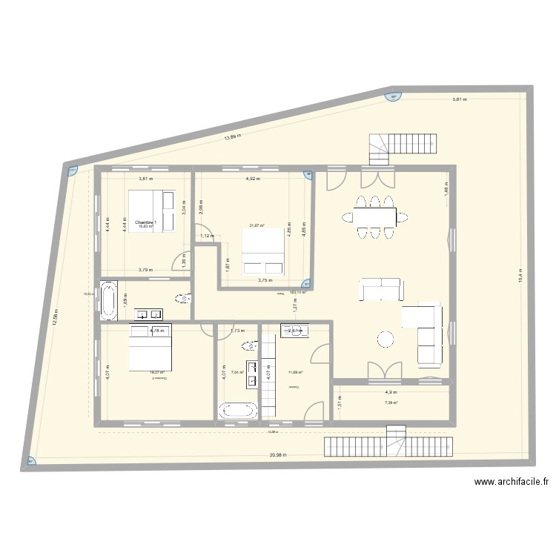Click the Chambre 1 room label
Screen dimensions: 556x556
145,222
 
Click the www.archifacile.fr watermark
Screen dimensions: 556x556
512,482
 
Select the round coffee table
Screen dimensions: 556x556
386,340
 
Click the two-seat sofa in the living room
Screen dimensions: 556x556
381,289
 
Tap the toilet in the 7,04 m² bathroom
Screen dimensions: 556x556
248,345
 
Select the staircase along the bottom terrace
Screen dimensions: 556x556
388,445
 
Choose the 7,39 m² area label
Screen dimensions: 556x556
391,403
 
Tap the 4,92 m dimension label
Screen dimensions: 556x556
253,179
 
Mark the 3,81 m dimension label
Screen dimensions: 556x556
145,179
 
